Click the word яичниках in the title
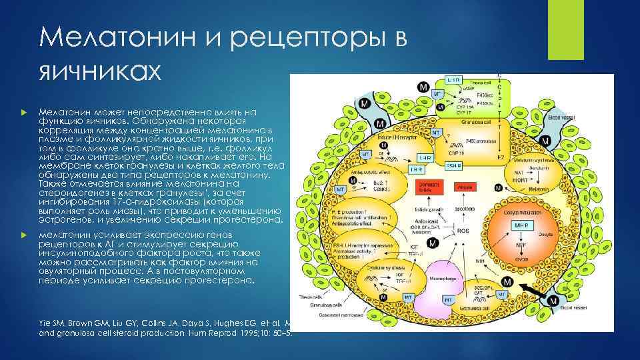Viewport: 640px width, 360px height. click(101, 69)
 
